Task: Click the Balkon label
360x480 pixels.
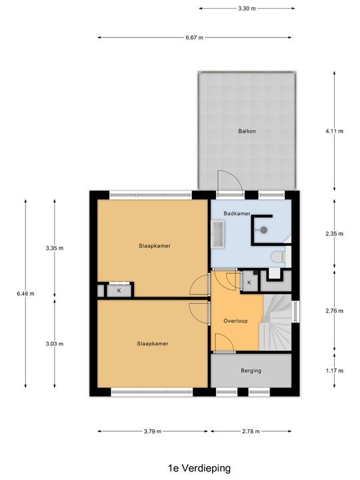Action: tap(247, 131)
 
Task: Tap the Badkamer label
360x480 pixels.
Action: tap(237, 213)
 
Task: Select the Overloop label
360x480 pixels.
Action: tap(235, 321)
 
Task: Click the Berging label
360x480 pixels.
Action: tap(251, 371)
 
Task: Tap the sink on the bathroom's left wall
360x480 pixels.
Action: tap(217, 233)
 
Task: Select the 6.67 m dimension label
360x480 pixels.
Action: tap(194, 37)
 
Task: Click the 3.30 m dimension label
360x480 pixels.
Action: tap(247, 9)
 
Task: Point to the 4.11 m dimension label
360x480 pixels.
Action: tap(334, 131)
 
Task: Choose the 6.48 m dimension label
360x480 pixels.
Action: tap(25, 293)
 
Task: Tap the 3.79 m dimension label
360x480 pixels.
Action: tap(153, 431)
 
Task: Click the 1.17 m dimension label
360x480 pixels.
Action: tap(334, 371)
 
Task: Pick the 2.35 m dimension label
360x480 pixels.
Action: tap(334, 233)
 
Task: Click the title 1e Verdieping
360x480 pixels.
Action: tap(199, 468)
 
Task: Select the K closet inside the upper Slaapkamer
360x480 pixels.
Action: tap(119, 291)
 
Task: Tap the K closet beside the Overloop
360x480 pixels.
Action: tap(249, 282)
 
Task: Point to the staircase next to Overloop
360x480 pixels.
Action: tap(275, 322)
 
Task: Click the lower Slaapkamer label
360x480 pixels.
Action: tap(153, 343)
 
